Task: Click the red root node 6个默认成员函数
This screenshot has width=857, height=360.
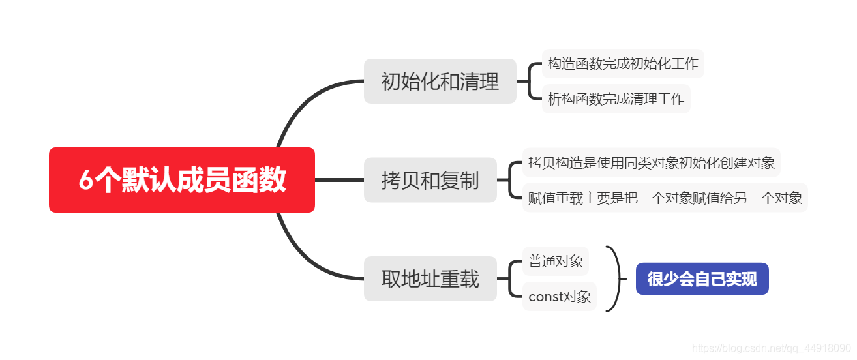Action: coord(182,180)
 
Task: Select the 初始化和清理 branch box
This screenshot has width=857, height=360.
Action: coord(440,82)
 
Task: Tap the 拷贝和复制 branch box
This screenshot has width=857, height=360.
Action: coord(430,180)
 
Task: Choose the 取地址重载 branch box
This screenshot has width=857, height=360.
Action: coord(430,279)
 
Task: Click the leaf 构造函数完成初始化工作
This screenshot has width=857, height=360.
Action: coord(623,64)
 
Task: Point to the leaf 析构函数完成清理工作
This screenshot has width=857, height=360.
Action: coord(616,99)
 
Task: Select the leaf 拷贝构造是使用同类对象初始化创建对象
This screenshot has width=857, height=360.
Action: coord(651,162)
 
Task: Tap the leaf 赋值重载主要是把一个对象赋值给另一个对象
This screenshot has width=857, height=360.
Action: coord(665,198)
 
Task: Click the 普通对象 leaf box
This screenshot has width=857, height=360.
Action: coord(556,262)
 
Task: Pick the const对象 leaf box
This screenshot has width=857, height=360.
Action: coord(560,297)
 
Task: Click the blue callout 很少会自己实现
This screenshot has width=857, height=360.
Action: coord(702,279)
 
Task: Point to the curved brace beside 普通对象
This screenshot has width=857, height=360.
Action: coord(616,279)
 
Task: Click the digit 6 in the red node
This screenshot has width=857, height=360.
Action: coord(85,181)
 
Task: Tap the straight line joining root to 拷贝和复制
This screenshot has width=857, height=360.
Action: coord(339,180)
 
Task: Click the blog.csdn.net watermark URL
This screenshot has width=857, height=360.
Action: coord(771,349)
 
